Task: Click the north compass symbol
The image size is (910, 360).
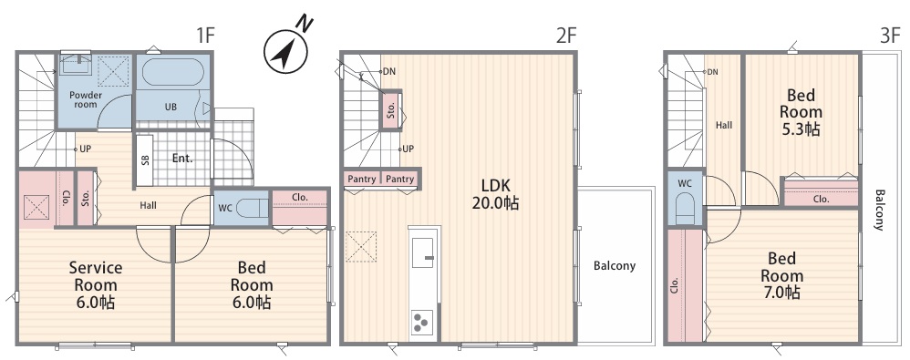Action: click(285, 52)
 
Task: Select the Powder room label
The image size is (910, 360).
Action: click(86, 99)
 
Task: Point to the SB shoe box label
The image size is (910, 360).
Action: click(145, 159)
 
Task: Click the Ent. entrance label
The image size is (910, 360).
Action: click(182, 158)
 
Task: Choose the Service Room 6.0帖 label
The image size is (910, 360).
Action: click(96, 285)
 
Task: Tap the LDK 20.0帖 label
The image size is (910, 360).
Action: click(495, 194)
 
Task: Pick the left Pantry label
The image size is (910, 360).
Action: click(362, 180)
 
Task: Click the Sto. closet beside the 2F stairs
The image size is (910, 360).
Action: click(390, 109)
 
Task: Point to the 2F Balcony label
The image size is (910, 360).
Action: click(615, 266)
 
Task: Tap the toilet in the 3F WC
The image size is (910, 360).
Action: click(686, 209)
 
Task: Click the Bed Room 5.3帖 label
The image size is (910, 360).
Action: click(801, 112)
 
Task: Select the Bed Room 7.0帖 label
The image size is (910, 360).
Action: click(782, 275)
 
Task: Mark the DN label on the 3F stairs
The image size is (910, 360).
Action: click(713, 72)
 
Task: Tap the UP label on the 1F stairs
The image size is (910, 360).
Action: click(85, 149)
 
